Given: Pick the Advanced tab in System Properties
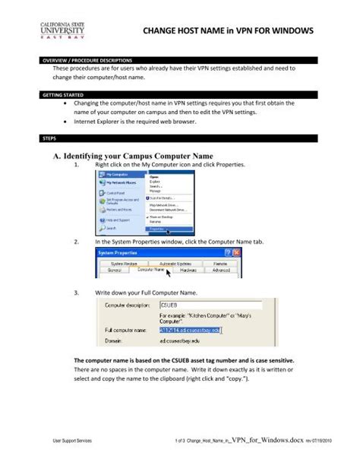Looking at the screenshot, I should click(x=221, y=269).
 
